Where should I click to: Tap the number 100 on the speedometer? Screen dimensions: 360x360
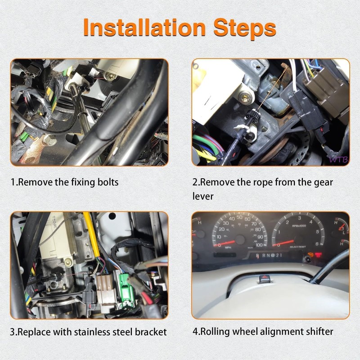click(258, 245)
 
